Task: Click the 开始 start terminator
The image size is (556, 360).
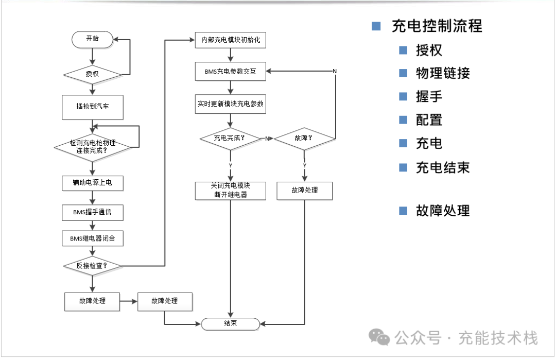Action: coord(92,39)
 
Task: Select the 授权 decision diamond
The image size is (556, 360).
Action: coord(92,74)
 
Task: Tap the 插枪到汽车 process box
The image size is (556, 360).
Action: coord(93,107)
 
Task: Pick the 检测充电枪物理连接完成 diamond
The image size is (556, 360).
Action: coord(93,147)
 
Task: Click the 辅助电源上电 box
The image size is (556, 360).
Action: coord(93,182)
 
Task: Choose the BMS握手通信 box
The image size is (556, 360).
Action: coord(93,211)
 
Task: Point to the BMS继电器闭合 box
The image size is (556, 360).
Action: coord(93,238)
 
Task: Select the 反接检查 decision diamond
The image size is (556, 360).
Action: coord(93,266)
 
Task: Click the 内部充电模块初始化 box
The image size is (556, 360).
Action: coord(231,40)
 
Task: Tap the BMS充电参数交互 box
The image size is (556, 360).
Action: coord(231,72)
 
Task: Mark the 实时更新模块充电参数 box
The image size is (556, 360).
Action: coord(231,104)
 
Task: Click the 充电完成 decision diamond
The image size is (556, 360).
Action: coord(230,139)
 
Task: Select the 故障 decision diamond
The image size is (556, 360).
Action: coord(304,139)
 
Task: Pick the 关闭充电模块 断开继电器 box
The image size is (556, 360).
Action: coord(231,190)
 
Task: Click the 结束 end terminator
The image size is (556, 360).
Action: coord(230,323)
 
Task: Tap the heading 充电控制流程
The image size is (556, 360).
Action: coord(437,26)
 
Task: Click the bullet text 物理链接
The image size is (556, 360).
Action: coord(443,73)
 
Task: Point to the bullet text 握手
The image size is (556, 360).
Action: coord(429,96)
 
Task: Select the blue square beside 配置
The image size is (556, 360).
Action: coord(404,119)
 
